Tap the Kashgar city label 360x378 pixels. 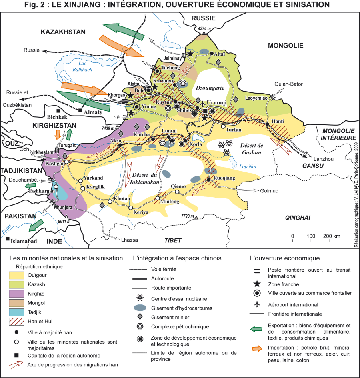(x=55, y=164)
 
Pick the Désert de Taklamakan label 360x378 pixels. (x=144, y=178)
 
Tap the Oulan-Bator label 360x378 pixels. (x=288, y=84)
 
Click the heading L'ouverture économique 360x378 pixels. (x=284, y=258)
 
